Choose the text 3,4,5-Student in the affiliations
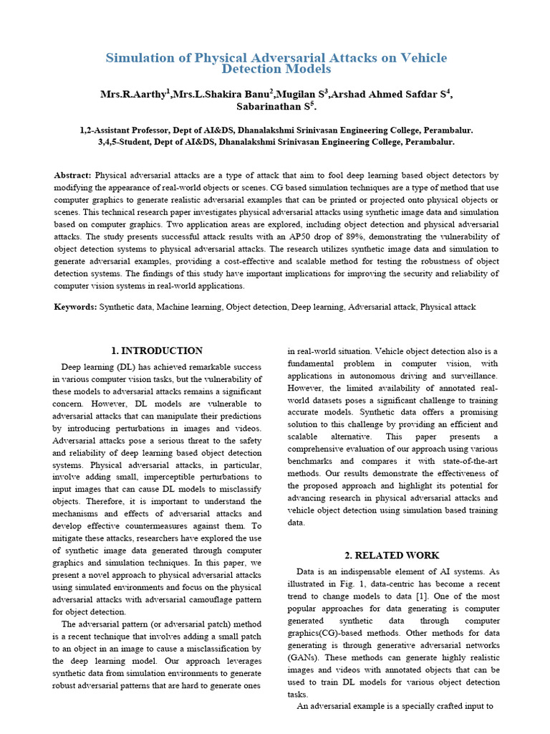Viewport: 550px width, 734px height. pos(126,142)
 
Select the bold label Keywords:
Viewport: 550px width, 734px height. pos(76,307)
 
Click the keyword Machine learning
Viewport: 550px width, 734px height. pos(188,307)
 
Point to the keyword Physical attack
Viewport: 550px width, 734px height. pos(448,307)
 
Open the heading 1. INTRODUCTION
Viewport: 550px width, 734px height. pos(158,351)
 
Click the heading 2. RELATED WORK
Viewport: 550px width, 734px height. pos(392,556)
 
